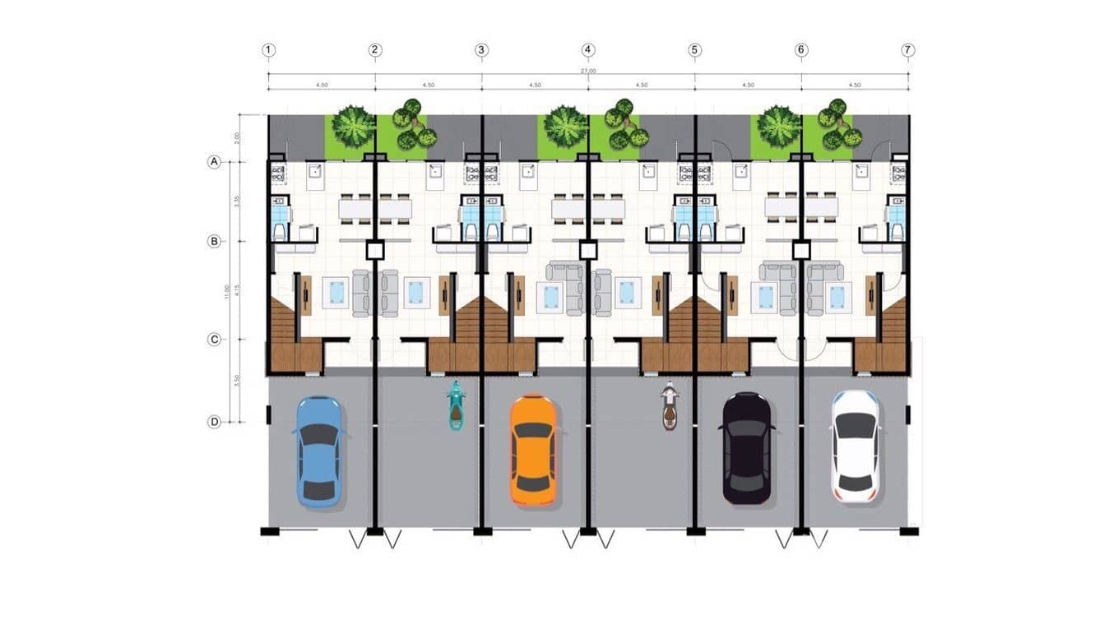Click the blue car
click(x=319, y=451)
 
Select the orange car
click(x=533, y=450)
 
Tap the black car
click(x=747, y=448)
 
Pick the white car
click(x=855, y=446)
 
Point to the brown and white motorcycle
click(x=670, y=405)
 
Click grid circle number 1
click(x=268, y=50)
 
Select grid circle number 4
click(x=588, y=50)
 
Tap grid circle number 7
click(x=908, y=50)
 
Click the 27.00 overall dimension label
click(x=588, y=72)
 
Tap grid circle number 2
click(x=375, y=50)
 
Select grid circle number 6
click(x=801, y=50)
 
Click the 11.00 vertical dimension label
click(x=237, y=291)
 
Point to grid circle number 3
click(x=482, y=50)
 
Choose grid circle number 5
click(x=695, y=50)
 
